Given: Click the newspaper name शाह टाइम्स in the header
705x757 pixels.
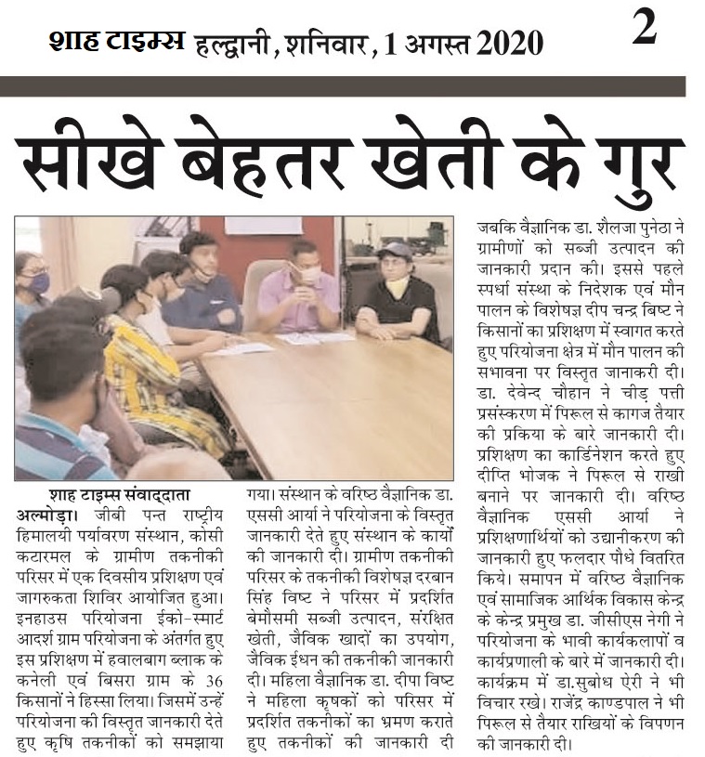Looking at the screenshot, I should [115, 41].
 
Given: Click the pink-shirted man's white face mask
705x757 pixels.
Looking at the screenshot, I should [310, 276].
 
